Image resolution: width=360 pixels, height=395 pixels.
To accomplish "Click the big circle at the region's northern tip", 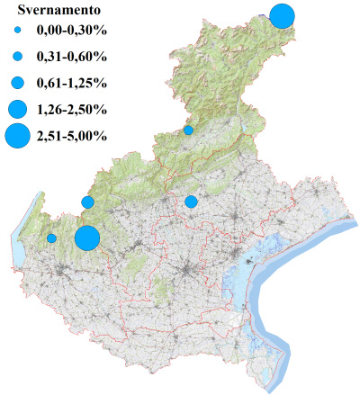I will coord(283,16).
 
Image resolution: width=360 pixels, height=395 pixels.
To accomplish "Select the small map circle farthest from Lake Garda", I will coord(188,130).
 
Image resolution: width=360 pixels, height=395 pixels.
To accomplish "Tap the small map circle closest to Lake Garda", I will coord(52,238).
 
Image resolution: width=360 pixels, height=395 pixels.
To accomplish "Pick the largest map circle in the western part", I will coord(87,238).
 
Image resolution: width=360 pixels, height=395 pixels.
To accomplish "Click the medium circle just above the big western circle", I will coord(87,202).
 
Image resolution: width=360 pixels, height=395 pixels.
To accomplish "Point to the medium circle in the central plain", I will coord(191,202).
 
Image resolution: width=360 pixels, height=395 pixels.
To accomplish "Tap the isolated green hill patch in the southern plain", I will coord(162,288).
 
